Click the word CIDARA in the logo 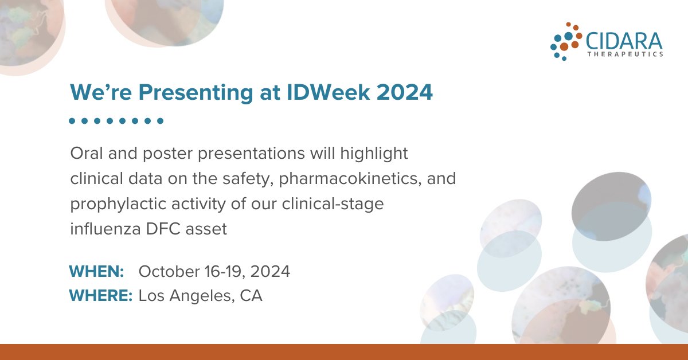tap(624, 41)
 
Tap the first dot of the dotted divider tap(72, 121)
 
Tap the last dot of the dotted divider tap(161, 121)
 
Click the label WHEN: tap(96, 271)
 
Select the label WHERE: tap(101, 296)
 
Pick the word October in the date tap(167, 271)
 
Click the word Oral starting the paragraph tap(85, 154)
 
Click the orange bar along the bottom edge tap(344, 352)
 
